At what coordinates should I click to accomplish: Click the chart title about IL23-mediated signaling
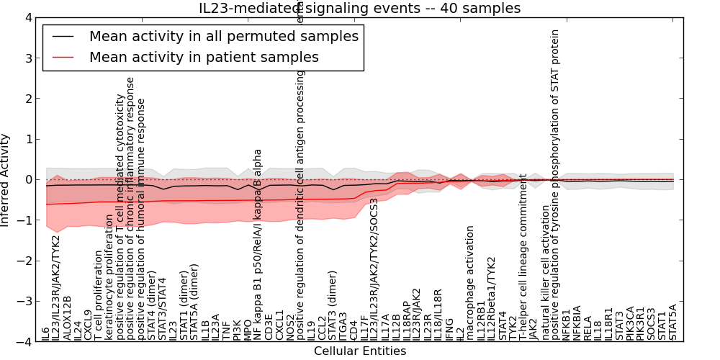click(359, 8)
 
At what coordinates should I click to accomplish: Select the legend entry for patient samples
click(204, 57)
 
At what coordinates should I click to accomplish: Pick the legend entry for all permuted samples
click(224, 36)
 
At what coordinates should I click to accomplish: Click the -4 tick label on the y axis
click(24, 343)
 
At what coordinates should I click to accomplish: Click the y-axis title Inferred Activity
click(6, 180)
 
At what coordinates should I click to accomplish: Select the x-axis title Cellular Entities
click(359, 351)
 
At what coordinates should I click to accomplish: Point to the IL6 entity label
click(46, 333)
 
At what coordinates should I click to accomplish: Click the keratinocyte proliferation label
click(109, 276)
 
